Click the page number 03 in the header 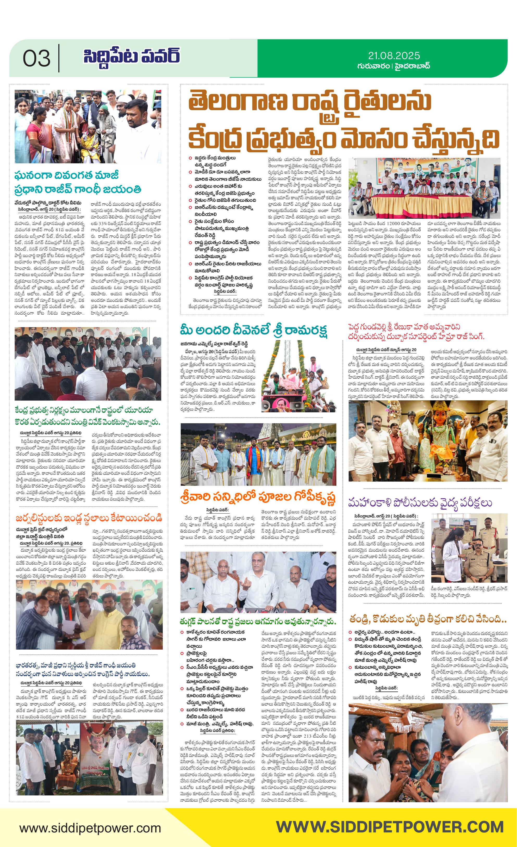[x=36, y=58]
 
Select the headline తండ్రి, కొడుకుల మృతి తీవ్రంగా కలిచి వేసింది [x=428, y=619]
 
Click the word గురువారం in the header [x=373, y=66]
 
